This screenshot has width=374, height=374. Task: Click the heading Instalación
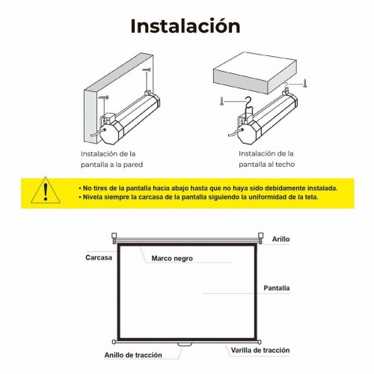click(x=186, y=26)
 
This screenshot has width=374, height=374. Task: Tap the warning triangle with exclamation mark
click(x=46, y=191)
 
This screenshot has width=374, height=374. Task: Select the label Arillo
click(x=280, y=239)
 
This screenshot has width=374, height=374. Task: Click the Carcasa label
click(x=99, y=257)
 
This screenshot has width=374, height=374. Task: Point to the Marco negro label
click(x=172, y=258)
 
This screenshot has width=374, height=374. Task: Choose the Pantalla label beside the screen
click(x=277, y=288)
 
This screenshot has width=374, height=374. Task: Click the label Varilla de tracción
click(x=260, y=350)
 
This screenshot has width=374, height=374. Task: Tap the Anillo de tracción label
click(x=133, y=355)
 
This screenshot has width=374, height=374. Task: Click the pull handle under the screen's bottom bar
click(x=185, y=345)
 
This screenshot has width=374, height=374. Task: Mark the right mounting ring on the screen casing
click(x=260, y=236)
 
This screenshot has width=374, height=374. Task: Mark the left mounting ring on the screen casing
click(x=114, y=236)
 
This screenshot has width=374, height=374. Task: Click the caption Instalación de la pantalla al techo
click(x=266, y=159)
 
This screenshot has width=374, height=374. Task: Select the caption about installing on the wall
click(x=111, y=159)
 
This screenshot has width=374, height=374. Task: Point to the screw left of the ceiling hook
click(x=221, y=101)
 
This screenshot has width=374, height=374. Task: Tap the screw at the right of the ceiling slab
click(x=304, y=83)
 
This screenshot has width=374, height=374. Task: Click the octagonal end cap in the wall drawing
click(x=111, y=132)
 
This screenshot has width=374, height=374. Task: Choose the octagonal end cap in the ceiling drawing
click(x=249, y=132)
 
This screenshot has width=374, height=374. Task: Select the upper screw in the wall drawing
click(x=147, y=70)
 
